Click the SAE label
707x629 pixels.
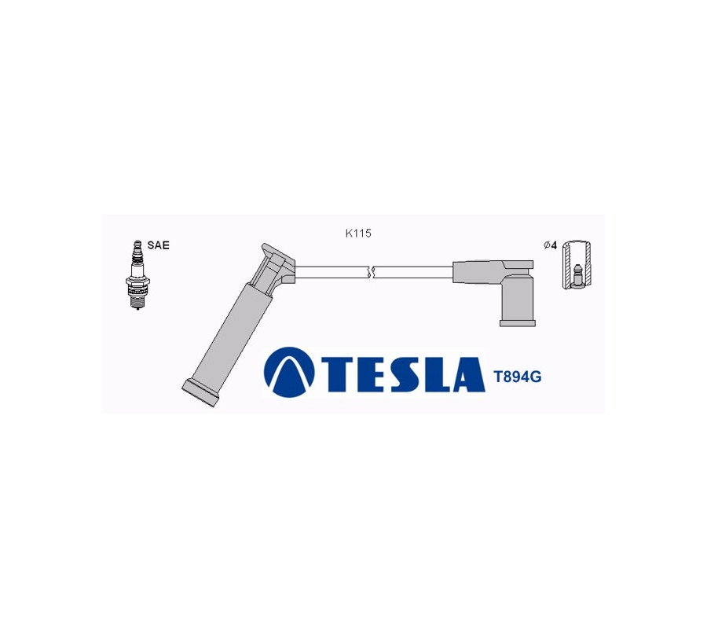pyautogui.click(x=158, y=245)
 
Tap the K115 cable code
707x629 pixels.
pyautogui.click(x=358, y=234)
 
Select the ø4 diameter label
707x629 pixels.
pyautogui.click(x=551, y=245)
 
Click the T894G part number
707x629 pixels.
pyautogui.click(x=518, y=377)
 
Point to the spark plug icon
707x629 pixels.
pyautogui.click(x=137, y=275)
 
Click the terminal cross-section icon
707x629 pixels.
pyautogui.click(x=577, y=265)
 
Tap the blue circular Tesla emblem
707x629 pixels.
pyautogui.click(x=289, y=372)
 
